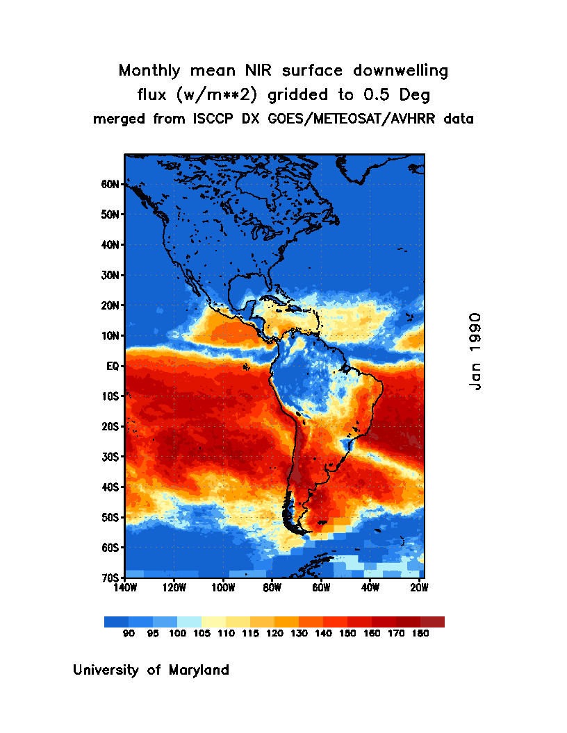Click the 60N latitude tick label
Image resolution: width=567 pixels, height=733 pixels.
pyautogui.click(x=112, y=185)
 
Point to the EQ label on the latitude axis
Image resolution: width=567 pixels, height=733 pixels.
pyautogui.click(x=115, y=366)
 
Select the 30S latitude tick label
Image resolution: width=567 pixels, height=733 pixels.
pyautogui.click(x=112, y=457)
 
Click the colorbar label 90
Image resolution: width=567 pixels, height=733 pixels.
pyautogui.click(x=129, y=633)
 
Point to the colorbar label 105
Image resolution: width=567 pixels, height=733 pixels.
pyautogui.click(x=202, y=633)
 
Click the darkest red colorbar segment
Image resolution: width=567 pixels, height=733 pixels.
pyautogui.click(x=432, y=622)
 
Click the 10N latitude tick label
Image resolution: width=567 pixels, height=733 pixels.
pyautogui.click(x=112, y=336)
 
